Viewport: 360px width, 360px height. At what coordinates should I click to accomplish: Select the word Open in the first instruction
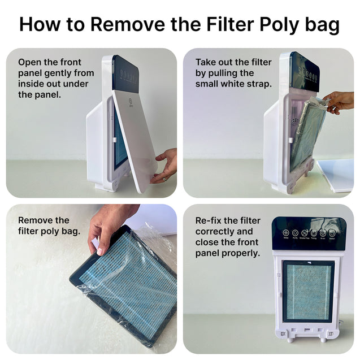[x=30, y=62]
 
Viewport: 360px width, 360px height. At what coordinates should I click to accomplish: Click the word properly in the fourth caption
[x=242, y=253]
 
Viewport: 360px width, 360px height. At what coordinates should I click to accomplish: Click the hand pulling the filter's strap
[x=341, y=102]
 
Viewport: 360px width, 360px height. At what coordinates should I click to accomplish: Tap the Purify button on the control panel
[x=294, y=233]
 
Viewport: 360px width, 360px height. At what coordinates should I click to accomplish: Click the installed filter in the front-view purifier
[x=307, y=291]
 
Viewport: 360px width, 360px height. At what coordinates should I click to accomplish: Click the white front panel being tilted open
[x=135, y=136]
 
